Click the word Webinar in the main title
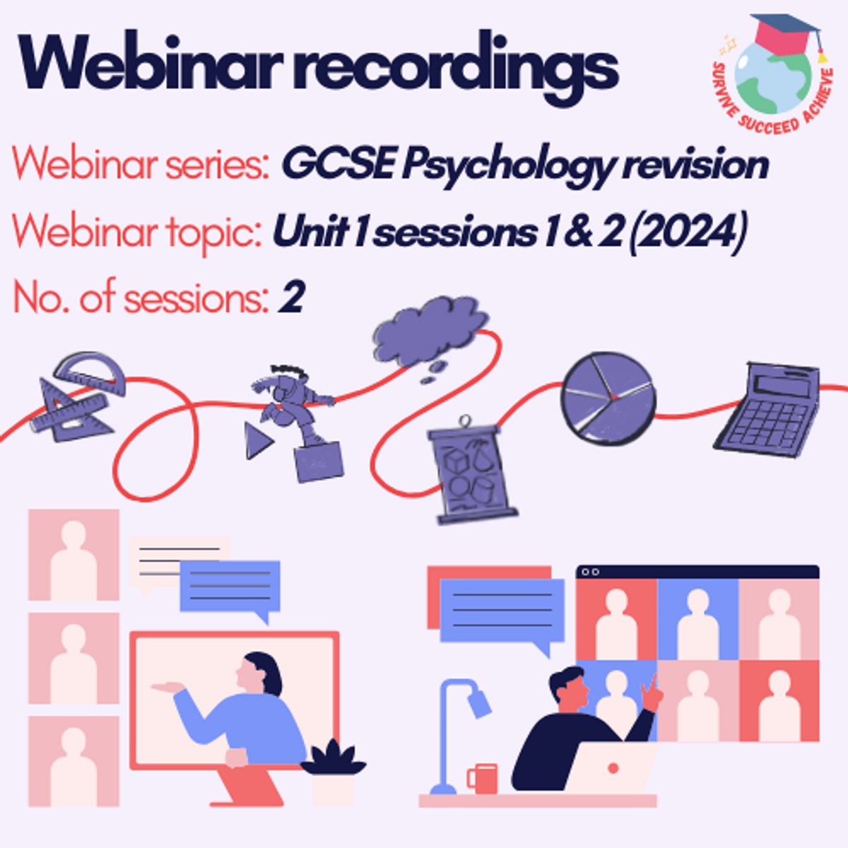click(151, 64)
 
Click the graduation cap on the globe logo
click(787, 35)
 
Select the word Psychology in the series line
click(507, 166)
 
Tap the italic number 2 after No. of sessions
click(291, 296)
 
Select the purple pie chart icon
click(608, 399)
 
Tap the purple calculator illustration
click(768, 409)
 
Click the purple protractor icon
click(90, 373)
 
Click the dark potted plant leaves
click(333, 758)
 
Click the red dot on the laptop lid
click(613, 768)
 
